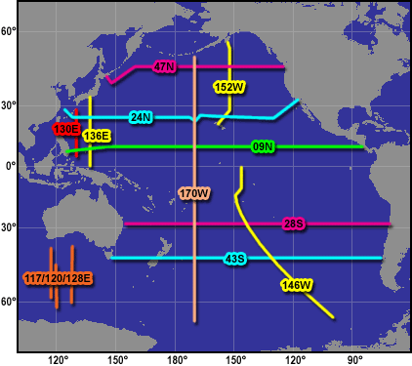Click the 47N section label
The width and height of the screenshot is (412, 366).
[165, 66]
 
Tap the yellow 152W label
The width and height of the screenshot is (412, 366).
[227, 87]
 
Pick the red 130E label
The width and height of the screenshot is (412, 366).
[66, 128]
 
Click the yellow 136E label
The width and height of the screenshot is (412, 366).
[96, 136]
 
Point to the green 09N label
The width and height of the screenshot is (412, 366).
[263, 146]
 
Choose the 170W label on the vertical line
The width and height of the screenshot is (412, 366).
[194, 193]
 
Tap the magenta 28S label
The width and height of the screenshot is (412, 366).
[294, 224]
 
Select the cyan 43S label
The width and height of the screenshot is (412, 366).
[235, 259]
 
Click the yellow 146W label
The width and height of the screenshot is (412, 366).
[295, 285]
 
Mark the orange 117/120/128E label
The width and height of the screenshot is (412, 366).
[58, 278]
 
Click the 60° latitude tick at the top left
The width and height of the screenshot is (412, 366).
[8, 32]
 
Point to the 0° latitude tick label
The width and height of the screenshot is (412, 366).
[11, 166]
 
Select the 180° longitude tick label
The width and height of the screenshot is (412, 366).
[176, 358]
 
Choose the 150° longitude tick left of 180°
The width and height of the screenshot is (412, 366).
[117, 358]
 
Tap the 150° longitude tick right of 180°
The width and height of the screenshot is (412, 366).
[235, 358]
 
